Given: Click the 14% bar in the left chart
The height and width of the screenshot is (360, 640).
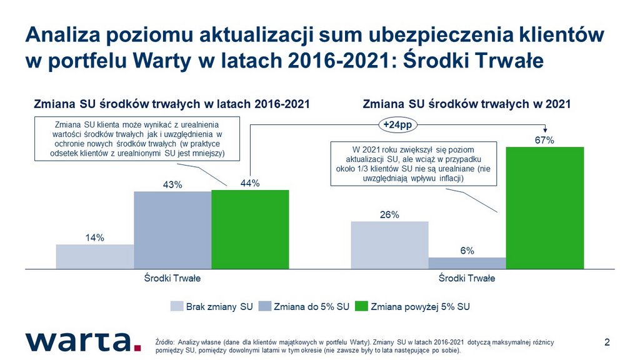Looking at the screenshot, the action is click(95, 257).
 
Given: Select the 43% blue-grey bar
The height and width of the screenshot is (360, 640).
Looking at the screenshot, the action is click(172, 230).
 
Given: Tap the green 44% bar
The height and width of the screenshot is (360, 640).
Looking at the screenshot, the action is click(250, 229).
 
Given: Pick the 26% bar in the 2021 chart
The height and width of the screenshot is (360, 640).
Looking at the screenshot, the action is click(390, 245).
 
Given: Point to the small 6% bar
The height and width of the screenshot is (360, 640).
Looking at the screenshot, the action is click(467, 263).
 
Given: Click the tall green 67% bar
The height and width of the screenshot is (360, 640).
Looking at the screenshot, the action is click(545, 207).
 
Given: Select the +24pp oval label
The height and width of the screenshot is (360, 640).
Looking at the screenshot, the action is click(398, 125).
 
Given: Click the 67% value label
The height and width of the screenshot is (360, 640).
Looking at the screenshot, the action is click(544, 141).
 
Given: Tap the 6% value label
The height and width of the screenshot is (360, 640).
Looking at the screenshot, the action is click(467, 251).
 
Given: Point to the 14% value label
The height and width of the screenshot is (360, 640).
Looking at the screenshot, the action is click(95, 237).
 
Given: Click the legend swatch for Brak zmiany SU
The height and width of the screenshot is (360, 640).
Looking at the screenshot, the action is click(177, 306).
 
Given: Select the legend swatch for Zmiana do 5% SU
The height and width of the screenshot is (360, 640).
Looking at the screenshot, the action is click(265, 306).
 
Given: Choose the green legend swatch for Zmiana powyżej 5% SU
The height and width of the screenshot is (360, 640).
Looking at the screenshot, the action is click(361, 306).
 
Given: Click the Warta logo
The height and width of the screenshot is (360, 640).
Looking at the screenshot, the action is click(83, 342).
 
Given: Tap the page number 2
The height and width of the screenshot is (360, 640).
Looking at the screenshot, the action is click(607, 342).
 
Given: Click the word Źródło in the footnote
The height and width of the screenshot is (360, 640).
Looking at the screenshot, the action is click(165, 342).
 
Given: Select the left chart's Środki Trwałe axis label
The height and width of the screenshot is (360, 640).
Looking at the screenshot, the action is click(172, 278).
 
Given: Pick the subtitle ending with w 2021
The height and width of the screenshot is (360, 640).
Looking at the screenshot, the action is click(466, 104).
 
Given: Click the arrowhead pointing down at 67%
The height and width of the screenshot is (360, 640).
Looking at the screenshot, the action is click(545, 130).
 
